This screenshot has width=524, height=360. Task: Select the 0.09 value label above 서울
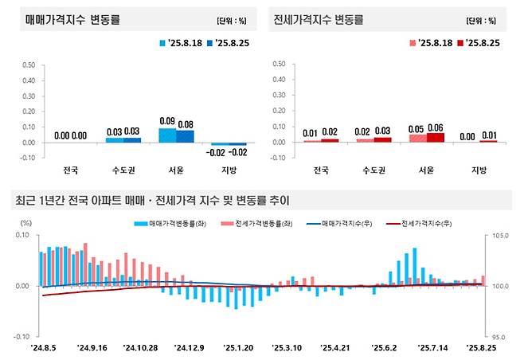168,121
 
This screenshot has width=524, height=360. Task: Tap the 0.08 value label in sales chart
186,123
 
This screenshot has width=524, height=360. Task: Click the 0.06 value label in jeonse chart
436,127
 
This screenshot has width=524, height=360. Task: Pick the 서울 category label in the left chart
177,170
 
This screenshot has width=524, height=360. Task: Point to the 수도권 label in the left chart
123,170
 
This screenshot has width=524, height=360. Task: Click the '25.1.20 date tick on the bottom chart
238,347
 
